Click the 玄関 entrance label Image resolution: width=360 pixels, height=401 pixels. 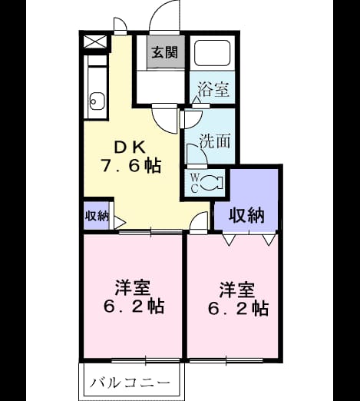[165, 52]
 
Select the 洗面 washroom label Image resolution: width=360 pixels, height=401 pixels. [215, 141]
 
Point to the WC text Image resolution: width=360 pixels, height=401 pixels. [194, 183]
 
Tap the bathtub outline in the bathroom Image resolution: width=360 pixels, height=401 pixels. [212, 52]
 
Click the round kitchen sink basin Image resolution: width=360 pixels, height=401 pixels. [97, 101]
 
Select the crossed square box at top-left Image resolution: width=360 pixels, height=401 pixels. [95, 41]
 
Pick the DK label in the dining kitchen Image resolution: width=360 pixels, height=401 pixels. [130, 147]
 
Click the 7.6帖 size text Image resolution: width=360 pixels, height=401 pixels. [131, 166]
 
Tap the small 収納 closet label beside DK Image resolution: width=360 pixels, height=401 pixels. [97, 216]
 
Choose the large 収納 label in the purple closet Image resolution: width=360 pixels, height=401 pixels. [246, 215]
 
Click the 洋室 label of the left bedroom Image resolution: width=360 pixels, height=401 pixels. [132, 288]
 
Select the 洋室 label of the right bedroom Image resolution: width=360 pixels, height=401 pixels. [236, 290]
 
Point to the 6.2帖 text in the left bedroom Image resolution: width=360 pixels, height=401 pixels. [134, 307]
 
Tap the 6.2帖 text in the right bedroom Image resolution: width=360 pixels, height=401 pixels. [238, 308]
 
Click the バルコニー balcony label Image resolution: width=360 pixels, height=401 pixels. [130, 383]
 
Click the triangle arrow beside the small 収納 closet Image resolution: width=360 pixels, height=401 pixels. [119, 223]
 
